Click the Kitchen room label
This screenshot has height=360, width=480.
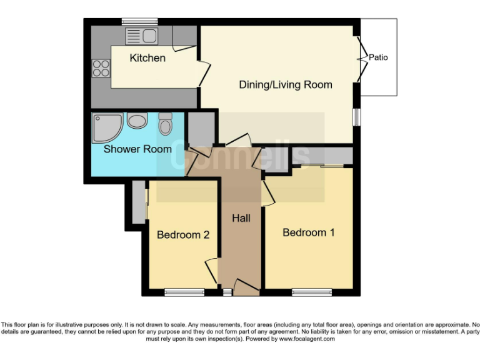click(x=147, y=58)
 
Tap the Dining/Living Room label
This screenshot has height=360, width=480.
click(x=286, y=84)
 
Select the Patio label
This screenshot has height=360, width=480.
click(x=378, y=57)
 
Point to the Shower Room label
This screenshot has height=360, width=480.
click(x=137, y=149)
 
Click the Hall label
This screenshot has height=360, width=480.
click(x=241, y=218)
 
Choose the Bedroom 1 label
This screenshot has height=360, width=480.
click(x=309, y=232)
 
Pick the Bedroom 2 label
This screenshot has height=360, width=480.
click(x=182, y=235)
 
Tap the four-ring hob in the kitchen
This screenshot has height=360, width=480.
click(x=101, y=67)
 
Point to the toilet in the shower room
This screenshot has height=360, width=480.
click(x=166, y=124)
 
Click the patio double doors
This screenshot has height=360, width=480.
click(x=360, y=59)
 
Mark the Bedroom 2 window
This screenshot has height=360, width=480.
click(x=184, y=291)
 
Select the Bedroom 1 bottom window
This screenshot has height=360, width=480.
click(x=312, y=291)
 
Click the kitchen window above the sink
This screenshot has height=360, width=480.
click(x=140, y=21)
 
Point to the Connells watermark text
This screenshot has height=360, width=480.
click(x=241, y=156)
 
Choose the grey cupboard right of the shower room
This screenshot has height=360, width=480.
click(x=201, y=129)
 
